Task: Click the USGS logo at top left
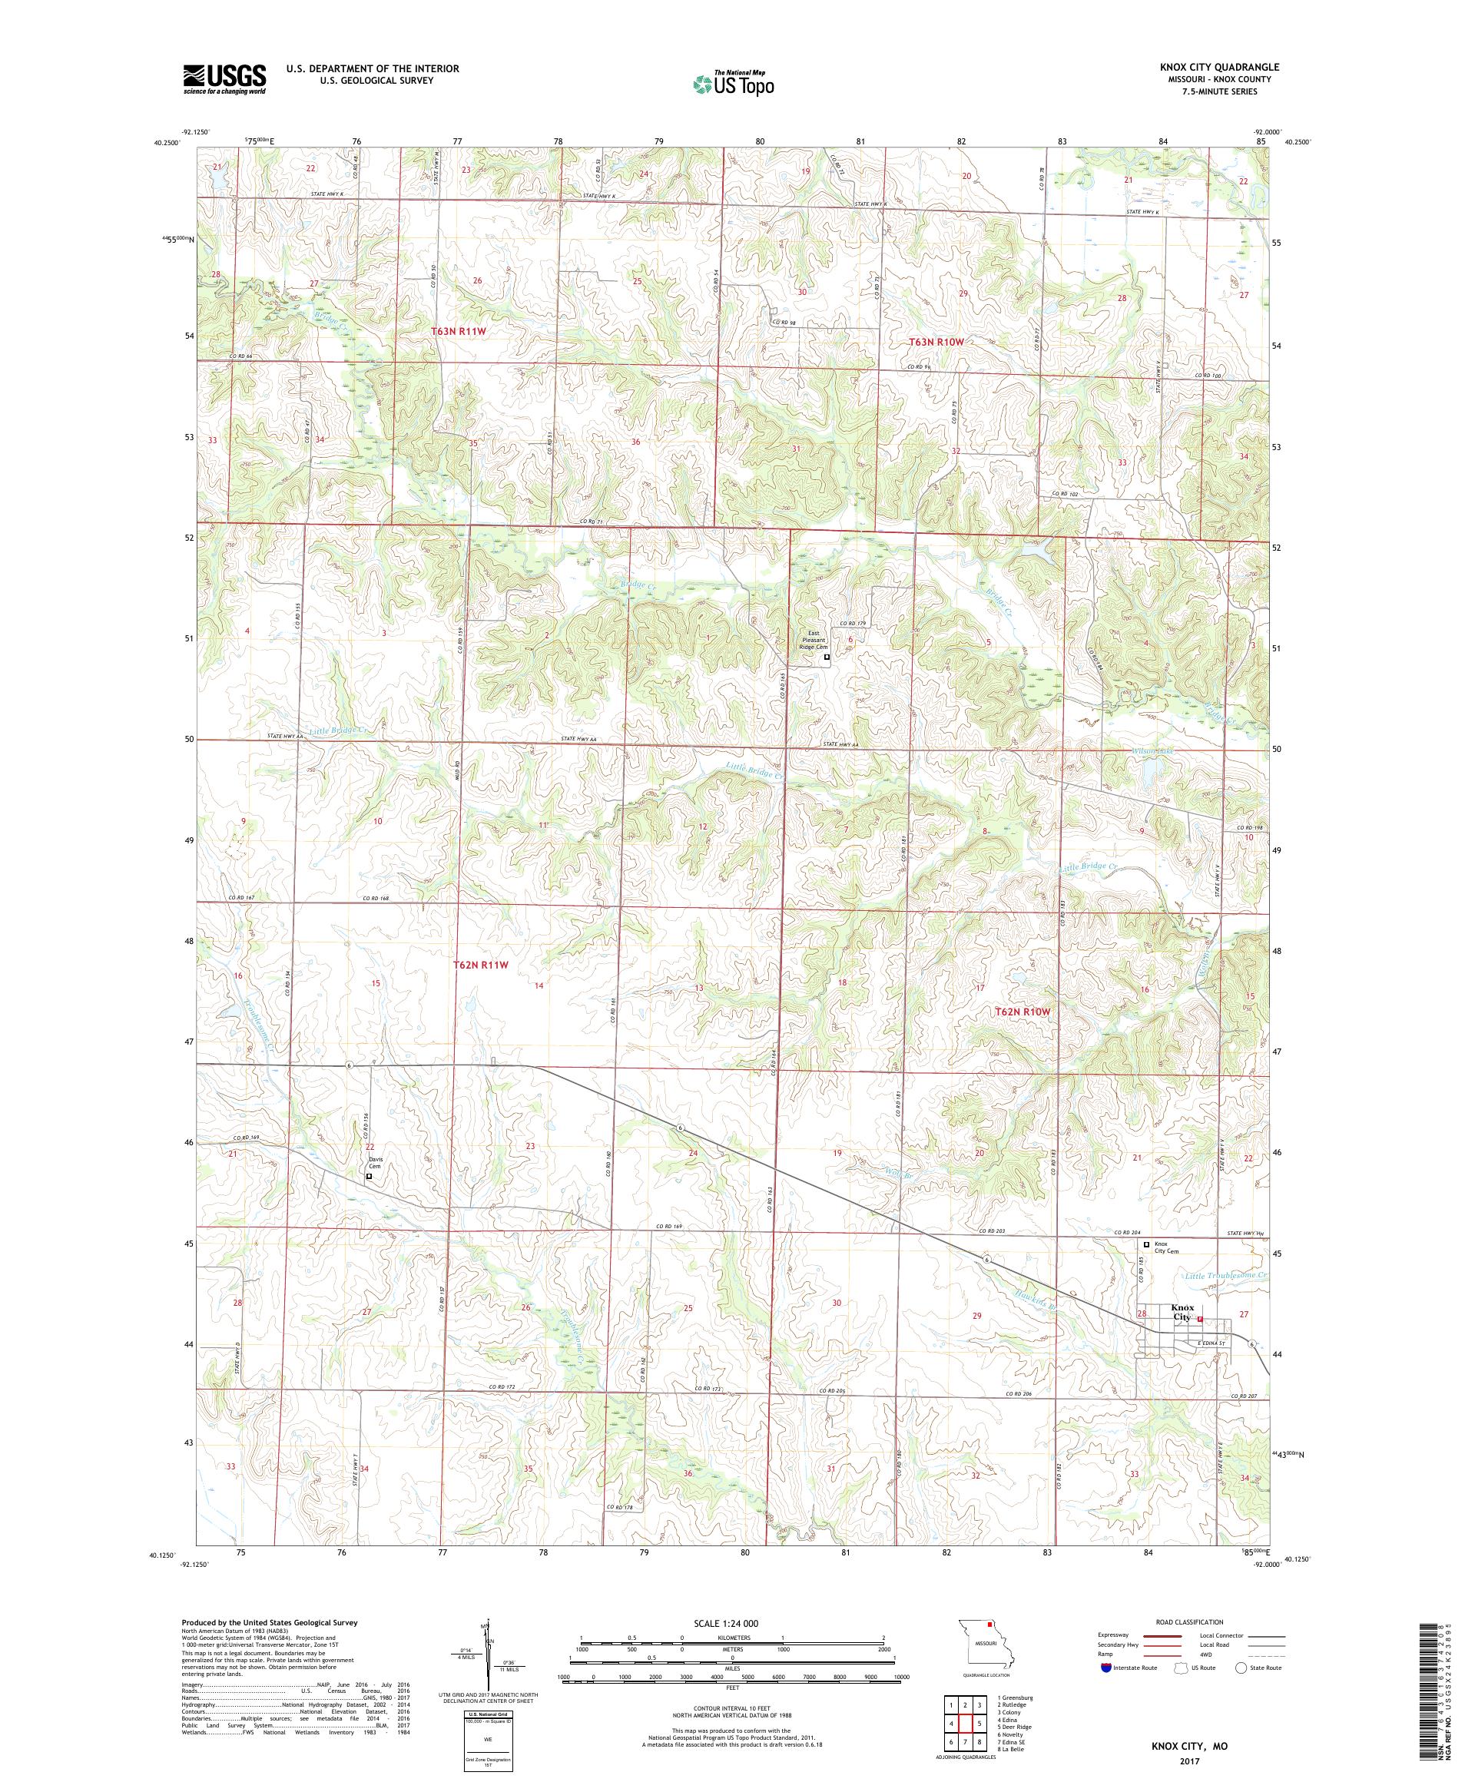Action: click(224, 80)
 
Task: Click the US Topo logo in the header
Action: click(734, 83)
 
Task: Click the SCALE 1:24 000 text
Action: click(732, 1622)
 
